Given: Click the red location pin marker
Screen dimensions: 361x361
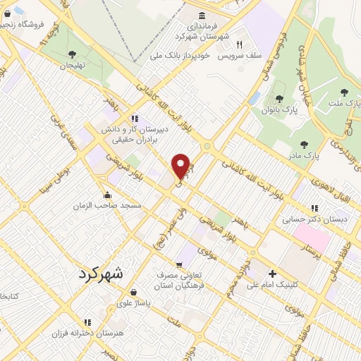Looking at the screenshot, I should click(x=181, y=166).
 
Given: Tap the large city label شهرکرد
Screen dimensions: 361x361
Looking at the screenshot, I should click(x=98, y=273).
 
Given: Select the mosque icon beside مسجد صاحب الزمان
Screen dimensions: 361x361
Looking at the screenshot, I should click(x=107, y=195).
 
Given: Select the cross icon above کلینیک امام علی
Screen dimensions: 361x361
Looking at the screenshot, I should click(x=272, y=273).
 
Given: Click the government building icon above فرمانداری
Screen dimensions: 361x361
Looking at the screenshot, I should click(x=202, y=16).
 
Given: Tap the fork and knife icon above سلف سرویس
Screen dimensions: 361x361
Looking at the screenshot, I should click(x=239, y=44).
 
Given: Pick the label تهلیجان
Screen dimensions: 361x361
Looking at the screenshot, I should click(x=71, y=65).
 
